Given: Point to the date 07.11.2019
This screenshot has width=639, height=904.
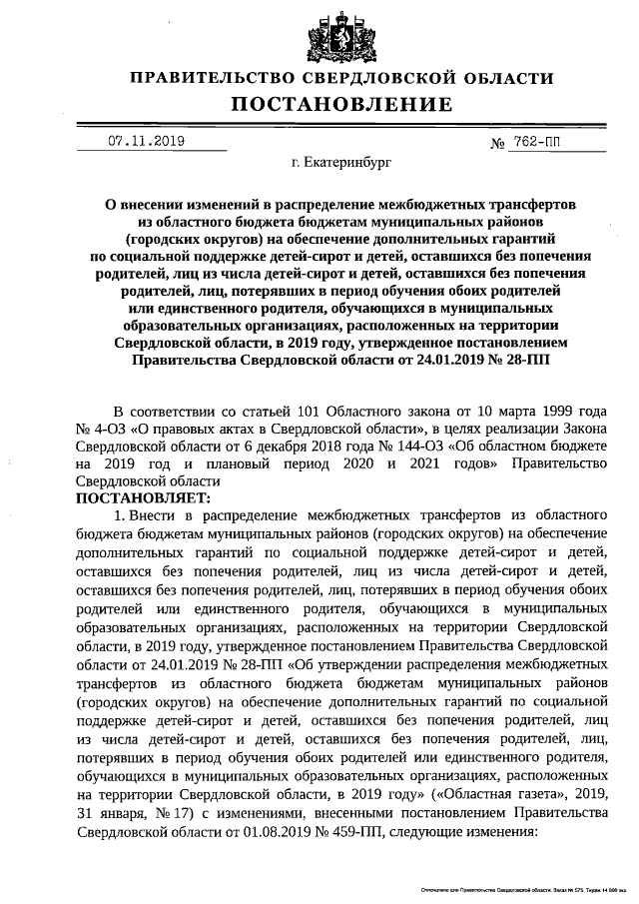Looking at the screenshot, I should (x=148, y=142).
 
